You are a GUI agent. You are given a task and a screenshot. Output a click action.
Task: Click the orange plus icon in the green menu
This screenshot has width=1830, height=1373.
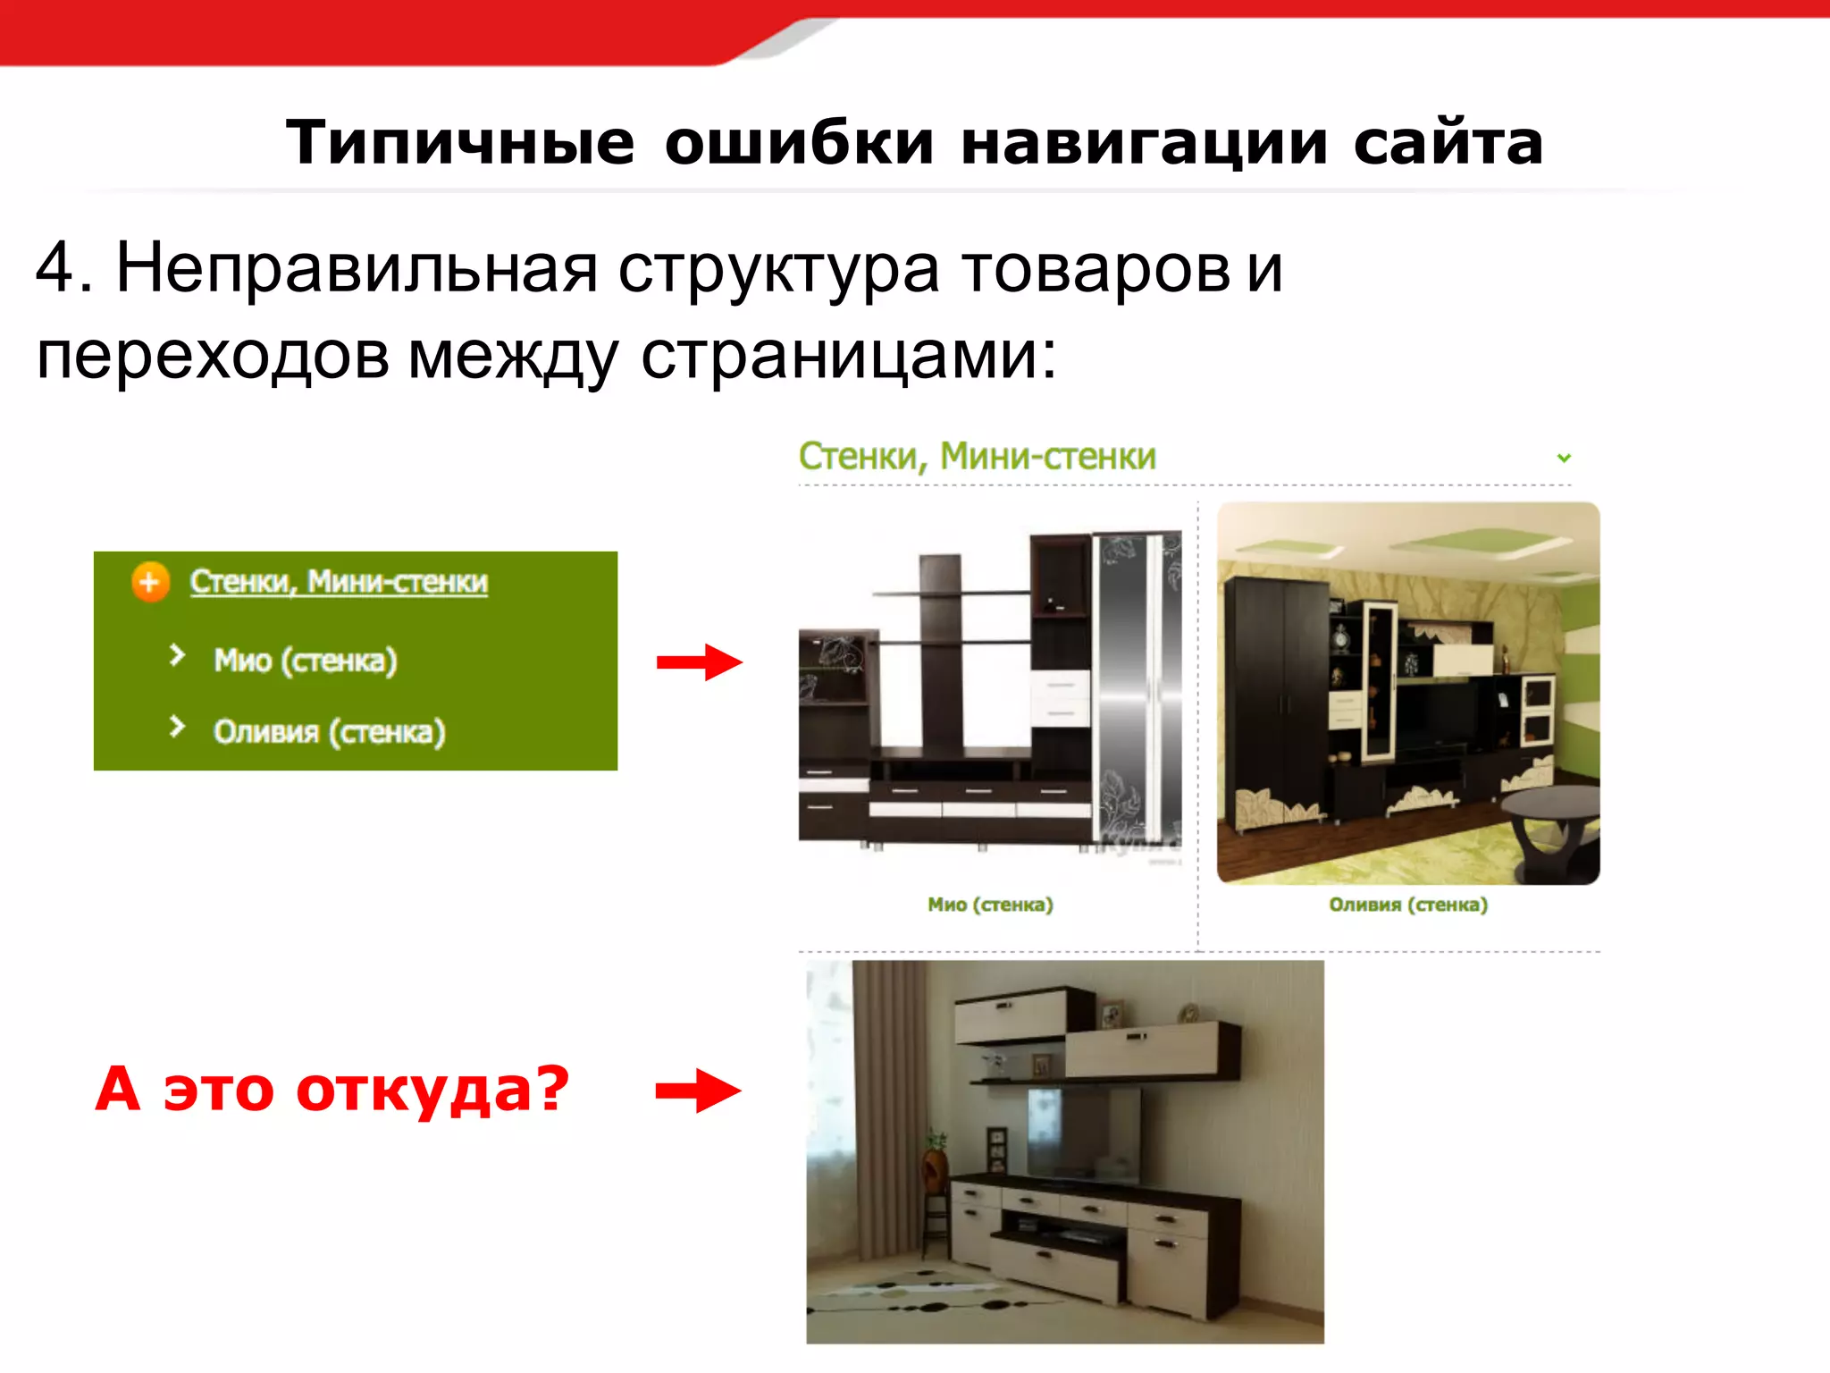tap(150, 583)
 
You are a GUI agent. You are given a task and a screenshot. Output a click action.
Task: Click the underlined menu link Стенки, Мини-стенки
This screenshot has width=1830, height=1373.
tap(339, 582)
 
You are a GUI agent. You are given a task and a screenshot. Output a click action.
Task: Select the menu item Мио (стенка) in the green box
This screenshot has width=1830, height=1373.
tap(305, 661)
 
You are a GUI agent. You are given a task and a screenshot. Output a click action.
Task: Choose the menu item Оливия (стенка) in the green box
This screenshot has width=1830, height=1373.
tap(329, 732)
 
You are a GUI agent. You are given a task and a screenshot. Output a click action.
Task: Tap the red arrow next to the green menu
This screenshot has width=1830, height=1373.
tap(700, 662)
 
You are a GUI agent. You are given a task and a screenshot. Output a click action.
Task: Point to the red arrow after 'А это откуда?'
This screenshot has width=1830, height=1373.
tap(698, 1091)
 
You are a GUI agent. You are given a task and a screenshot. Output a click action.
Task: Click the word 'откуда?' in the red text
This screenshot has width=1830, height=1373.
tap(432, 1090)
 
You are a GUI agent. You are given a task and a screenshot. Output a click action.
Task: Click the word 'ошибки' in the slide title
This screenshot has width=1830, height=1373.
tap(799, 143)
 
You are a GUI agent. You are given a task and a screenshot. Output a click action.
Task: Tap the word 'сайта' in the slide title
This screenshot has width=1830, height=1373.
tap(1448, 143)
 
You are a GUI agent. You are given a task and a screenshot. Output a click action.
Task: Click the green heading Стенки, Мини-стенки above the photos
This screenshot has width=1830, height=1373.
tap(977, 457)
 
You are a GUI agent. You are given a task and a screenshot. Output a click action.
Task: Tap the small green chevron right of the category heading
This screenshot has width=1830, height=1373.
tap(1564, 458)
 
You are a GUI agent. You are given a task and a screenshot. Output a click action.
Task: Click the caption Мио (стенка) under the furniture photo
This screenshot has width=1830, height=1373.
tap(990, 905)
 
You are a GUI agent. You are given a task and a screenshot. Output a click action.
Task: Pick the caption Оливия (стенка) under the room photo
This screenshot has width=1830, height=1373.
tap(1408, 905)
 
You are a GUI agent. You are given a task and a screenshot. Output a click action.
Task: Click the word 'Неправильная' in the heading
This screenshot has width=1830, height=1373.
tap(357, 268)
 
